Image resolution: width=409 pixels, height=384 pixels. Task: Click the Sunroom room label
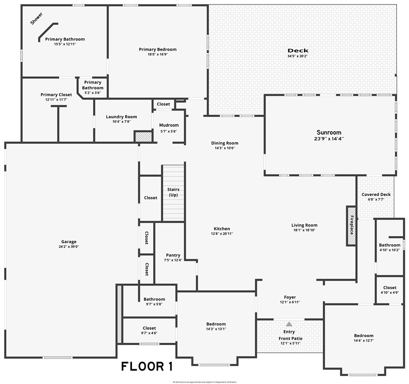[329, 132]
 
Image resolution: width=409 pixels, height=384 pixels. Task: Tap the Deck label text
[298, 51]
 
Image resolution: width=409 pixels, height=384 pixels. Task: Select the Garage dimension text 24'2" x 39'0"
[67, 247]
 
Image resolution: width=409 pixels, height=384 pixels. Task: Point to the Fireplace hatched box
[351, 226]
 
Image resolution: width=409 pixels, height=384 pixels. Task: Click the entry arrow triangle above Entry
[289, 324]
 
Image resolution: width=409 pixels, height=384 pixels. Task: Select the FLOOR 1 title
[147, 367]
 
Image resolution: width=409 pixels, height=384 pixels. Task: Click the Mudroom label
[169, 125]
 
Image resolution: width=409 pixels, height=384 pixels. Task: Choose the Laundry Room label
[121, 117]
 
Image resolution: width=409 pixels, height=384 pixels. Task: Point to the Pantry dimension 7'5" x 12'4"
[173, 260]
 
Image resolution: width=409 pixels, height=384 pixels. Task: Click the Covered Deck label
[376, 195]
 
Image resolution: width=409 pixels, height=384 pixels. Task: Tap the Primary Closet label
[56, 94]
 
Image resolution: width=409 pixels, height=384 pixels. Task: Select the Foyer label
[290, 297]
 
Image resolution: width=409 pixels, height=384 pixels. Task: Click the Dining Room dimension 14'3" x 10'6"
[225, 148]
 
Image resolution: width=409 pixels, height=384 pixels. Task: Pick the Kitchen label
[222, 229]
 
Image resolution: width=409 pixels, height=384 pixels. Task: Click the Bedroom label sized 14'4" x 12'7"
[363, 336]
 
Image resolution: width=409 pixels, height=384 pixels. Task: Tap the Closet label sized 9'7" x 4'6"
[149, 328]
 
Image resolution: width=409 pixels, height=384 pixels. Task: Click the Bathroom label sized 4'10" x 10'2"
[389, 245]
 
